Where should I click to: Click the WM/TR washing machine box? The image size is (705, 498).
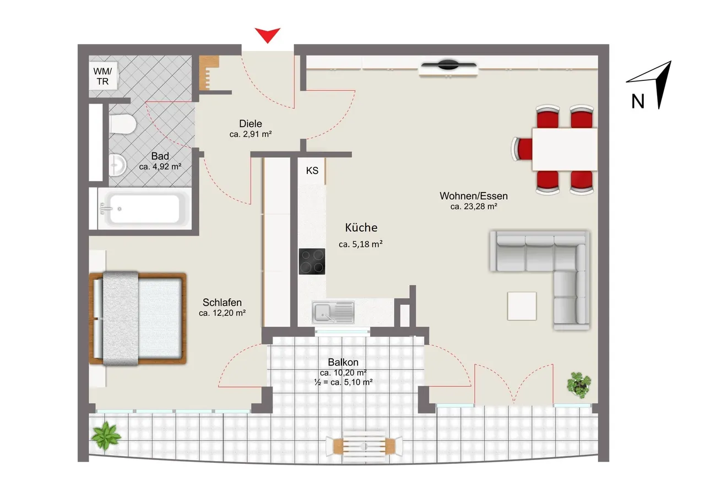click(103, 76)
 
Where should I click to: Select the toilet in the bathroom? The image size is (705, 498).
click(123, 124)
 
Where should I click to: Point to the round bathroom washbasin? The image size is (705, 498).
click(117, 165)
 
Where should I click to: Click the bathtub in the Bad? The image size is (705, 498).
click(144, 209)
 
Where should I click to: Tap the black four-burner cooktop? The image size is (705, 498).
click(312, 261)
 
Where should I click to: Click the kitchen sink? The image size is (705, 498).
click(333, 312)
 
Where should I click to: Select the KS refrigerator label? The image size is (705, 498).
click(312, 171)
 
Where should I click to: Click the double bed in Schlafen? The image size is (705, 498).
click(138, 319)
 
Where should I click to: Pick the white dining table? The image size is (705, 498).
click(565, 149)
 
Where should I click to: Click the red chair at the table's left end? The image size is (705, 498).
click(522, 149)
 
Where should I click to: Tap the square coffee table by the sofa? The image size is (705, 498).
click(522, 306)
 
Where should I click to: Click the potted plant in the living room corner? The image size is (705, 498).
click(579, 385)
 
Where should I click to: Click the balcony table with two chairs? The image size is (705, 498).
click(364, 446)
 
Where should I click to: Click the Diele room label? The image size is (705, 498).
click(251, 124)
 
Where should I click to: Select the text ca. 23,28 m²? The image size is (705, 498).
click(474, 206)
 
